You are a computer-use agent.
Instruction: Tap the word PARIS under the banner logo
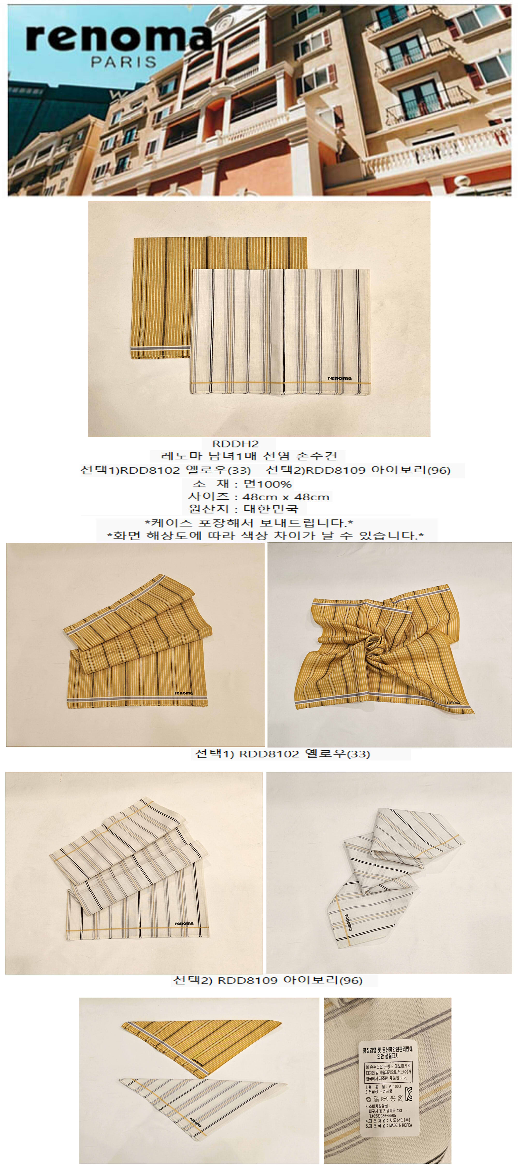pyautogui.click(x=124, y=62)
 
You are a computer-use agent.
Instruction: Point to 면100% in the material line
pyautogui.click(x=267, y=484)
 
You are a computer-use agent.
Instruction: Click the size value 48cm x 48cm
pyautogui.click(x=285, y=496)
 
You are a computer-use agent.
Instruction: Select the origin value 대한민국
pyautogui.click(x=271, y=509)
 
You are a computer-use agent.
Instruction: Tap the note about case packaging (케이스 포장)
pyautogui.click(x=249, y=523)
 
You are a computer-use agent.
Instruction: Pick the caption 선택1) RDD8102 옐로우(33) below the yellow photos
pyautogui.click(x=282, y=754)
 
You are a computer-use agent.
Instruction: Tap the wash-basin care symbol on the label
pyautogui.click(x=369, y=1099)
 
